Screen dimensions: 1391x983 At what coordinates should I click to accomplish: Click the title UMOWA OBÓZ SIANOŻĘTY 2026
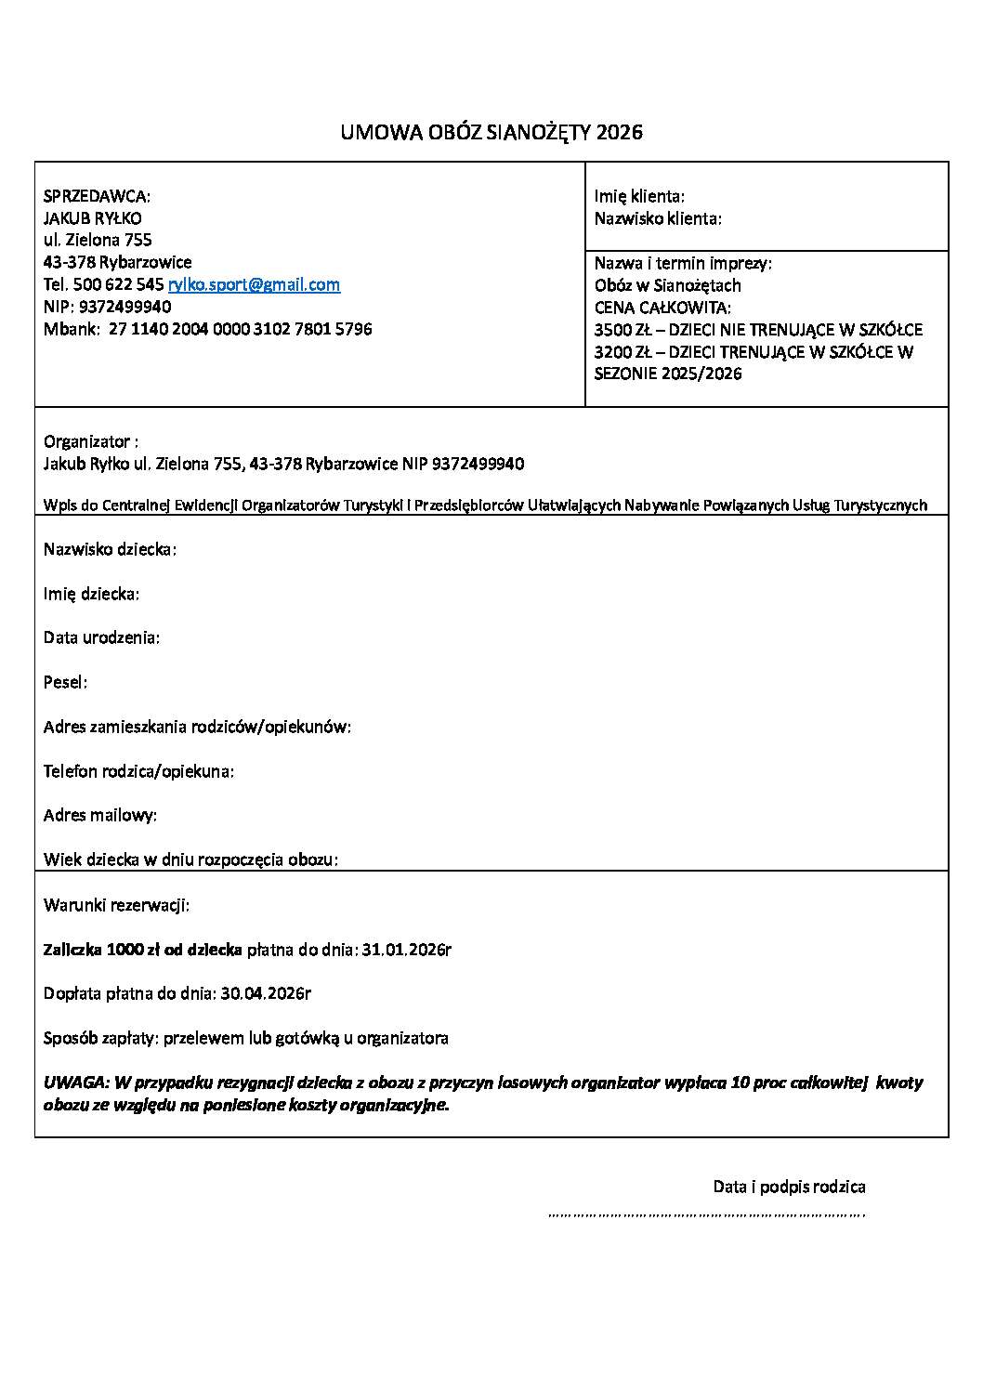(491, 132)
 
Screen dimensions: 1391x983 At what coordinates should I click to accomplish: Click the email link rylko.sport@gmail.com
(254, 284)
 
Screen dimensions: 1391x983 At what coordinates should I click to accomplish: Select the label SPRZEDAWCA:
(97, 196)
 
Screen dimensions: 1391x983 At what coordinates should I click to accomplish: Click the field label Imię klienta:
(639, 196)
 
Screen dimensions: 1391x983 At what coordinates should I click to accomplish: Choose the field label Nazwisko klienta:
(658, 218)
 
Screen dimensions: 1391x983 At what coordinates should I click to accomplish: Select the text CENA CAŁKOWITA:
(662, 308)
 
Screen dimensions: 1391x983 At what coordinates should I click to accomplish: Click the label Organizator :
(91, 441)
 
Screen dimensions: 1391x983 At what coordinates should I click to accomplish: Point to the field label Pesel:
(65, 682)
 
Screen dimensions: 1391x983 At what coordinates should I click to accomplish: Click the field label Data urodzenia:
(101, 637)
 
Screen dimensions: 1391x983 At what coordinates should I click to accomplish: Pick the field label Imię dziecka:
(91, 593)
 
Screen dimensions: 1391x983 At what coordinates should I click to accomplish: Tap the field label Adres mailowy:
(100, 815)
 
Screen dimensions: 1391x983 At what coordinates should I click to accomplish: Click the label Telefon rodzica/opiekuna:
(138, 771)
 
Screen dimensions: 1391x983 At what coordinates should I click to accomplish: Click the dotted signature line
(706, 1214)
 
